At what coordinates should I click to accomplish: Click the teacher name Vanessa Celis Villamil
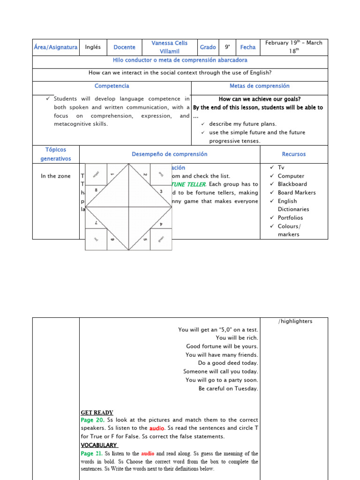(x=169, y=47)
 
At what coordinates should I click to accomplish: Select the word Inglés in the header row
(x=93, y=47)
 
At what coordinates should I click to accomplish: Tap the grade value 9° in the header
(x=227, y=47)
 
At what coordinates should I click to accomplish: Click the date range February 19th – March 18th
(x=293, y=47)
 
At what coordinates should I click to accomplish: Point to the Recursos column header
(x=294, y=154)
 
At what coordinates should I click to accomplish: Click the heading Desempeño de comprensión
(x=169, y=154)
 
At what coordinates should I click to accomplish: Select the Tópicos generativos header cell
(x=56, y=154)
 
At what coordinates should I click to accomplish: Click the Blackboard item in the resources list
(x=292, y=184)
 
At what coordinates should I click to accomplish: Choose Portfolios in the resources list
(x=290, y=218)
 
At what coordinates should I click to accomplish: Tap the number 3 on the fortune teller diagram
(x=161, y=191)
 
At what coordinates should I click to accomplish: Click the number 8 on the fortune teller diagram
(x=97, y=190)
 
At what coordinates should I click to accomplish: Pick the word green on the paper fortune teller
(x=161, y=238)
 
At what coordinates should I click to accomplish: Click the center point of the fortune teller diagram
(x=128, y=207)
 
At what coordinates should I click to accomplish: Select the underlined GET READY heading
(x=97, y=412)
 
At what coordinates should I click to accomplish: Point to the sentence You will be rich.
(x=237, y=338)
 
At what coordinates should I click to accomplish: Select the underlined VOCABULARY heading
(x=99, y=445)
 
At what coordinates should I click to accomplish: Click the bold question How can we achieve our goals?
(x=259, y=99)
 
